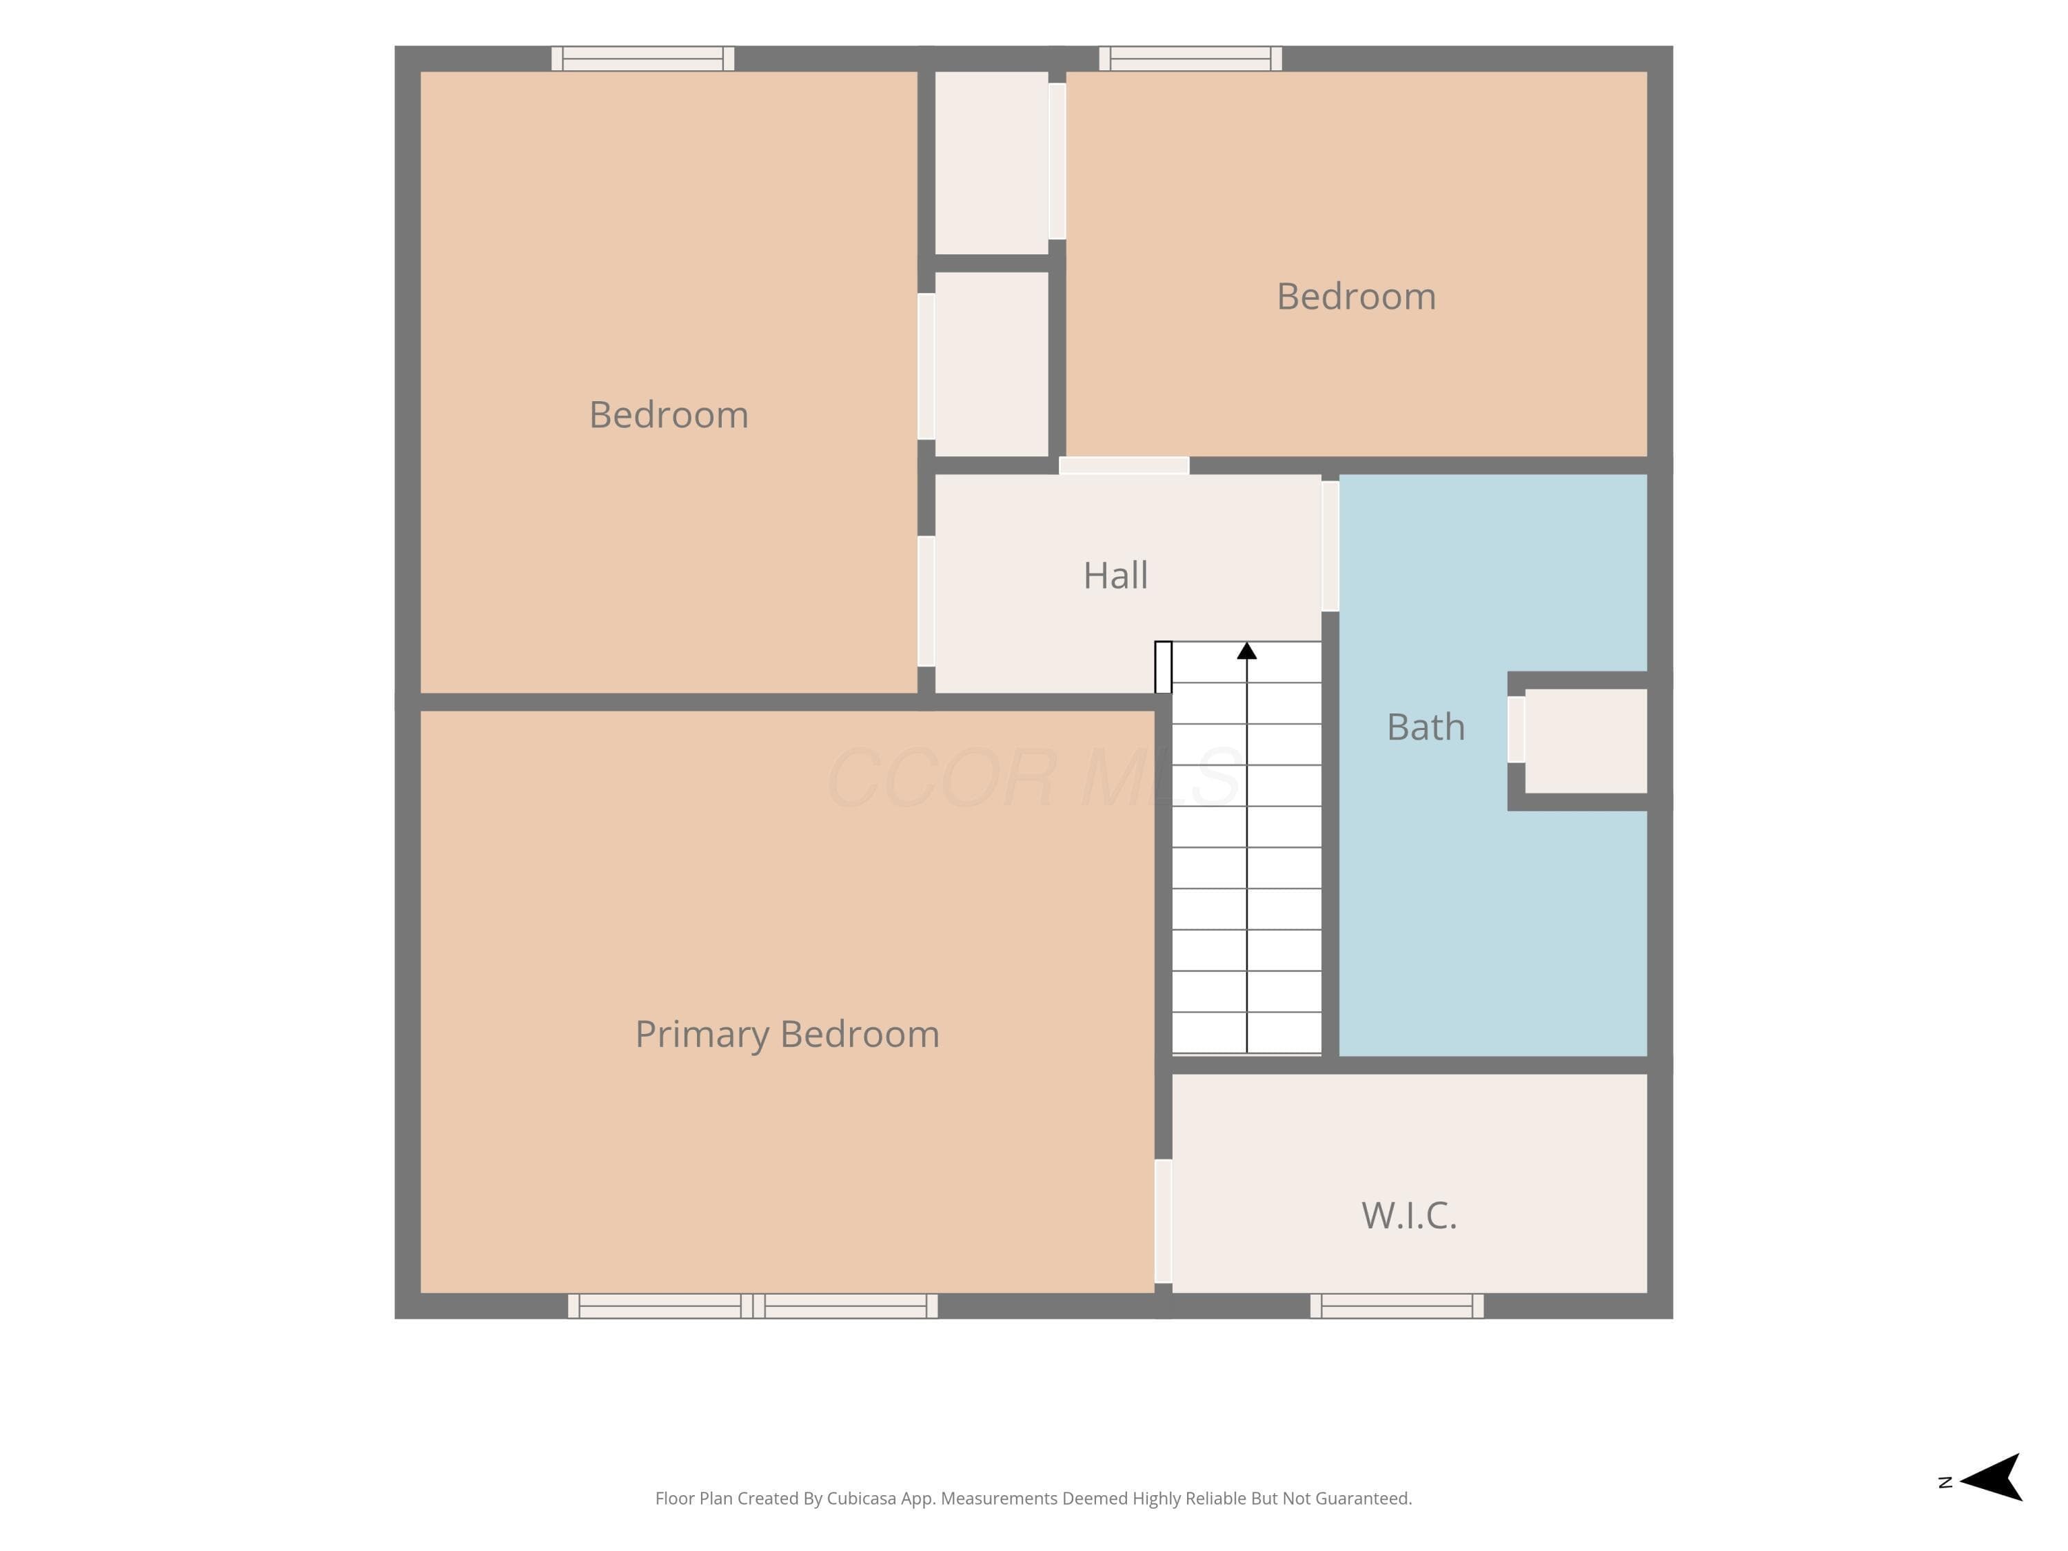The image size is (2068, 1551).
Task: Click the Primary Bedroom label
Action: (787, 1035)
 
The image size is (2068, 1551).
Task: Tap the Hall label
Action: (1115, 576)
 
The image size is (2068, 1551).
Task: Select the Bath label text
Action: (1426, 727)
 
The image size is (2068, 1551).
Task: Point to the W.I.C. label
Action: (1409, 1215)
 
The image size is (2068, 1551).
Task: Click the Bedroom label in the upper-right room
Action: (1357, 296)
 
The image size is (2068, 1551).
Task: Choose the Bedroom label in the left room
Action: (669, 415)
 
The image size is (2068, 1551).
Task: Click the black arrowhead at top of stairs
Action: (1247, 651)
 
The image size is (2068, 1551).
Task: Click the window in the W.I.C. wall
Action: (1397, 1306)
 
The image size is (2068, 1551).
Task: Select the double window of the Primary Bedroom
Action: (753, 1306)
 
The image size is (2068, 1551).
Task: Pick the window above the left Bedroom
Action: (642, 59)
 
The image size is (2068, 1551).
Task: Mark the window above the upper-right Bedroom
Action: (1190, 59)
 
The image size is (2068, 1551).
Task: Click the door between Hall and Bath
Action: (1330, 546)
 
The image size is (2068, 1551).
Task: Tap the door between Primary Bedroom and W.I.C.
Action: (1163, 1221)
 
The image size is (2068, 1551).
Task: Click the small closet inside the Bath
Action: (1585, 740)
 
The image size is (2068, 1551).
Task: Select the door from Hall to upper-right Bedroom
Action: (1124, 465)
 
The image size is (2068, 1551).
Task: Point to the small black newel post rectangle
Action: (1163, 667)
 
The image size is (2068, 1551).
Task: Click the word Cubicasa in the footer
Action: (861, 1499)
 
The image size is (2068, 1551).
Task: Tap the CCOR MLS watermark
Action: (1035, 777)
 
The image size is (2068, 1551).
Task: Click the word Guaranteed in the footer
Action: (1364, 1499)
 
